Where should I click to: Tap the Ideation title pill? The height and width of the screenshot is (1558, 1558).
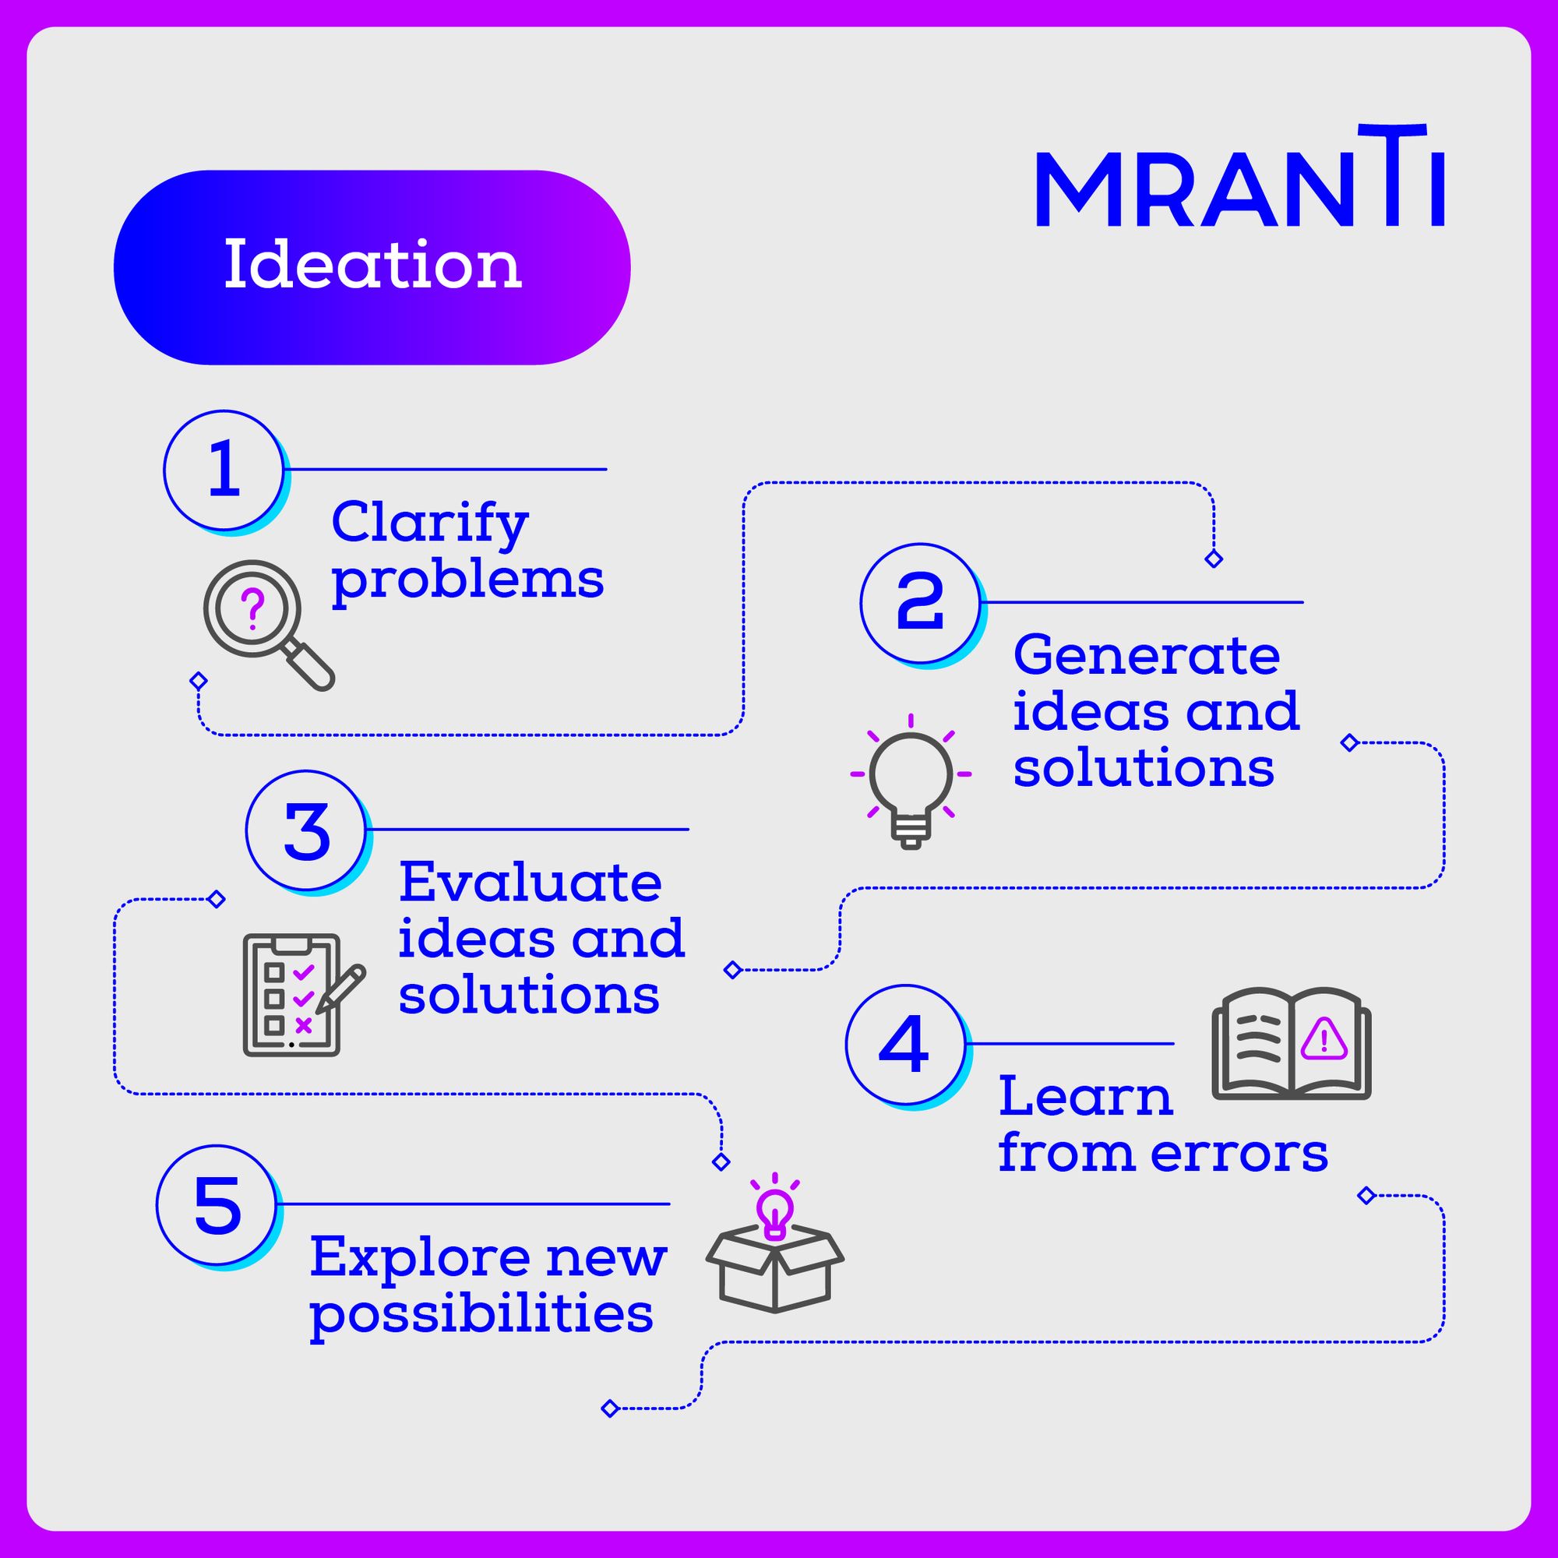[372, 267]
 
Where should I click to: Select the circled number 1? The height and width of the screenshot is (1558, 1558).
[224, 471]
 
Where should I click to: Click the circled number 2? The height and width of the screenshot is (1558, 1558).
[920, 603]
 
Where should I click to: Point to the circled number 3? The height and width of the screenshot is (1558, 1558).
[306, 830]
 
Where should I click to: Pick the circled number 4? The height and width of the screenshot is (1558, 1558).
[904, 1045]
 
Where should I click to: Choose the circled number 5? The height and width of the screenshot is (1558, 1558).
[218, 1206]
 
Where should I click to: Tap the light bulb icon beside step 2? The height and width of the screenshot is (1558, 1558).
[911, 781]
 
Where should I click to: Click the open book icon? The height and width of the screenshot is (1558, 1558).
[1290, 1045]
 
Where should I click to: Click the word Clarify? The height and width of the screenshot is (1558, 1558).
[429, 524]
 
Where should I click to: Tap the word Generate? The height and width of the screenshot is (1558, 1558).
[1146, 656]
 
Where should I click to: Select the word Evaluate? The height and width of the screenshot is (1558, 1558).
[530, 883]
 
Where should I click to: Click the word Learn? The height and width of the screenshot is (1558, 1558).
[1085, 1098]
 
